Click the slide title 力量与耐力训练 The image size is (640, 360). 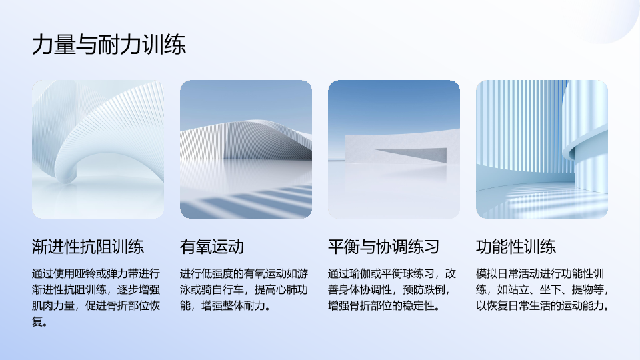point(109,45)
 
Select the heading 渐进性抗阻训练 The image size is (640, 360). point(88,247)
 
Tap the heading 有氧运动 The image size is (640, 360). point(212,247)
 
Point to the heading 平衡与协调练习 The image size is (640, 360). point(383,247)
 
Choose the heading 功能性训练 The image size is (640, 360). point(515,247)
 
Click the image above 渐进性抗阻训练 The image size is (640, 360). point(98,149)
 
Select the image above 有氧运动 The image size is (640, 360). point(246,149)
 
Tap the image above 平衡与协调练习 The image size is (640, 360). point(394,149)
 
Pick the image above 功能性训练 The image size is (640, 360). point(541,149)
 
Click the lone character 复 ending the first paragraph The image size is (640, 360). point(37,321)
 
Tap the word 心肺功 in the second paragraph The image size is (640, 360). point(292,290)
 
